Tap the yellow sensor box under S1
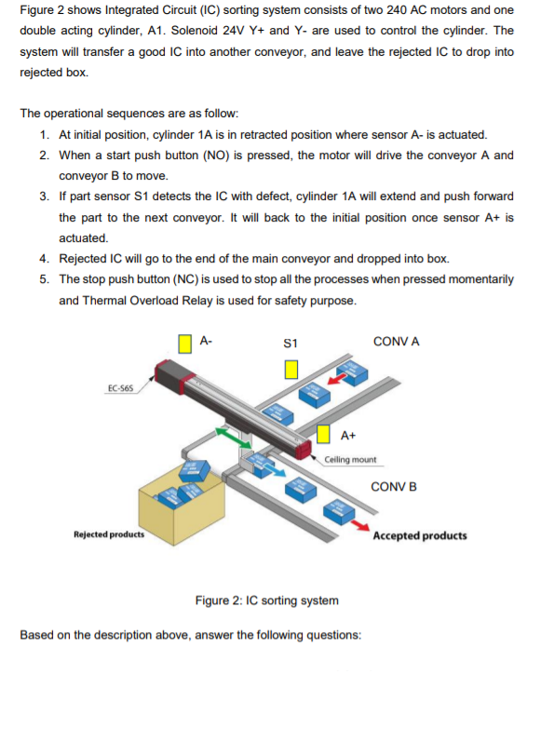pos(291,370)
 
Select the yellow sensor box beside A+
pos(325,434)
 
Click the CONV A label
pos(396,342)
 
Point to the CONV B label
pos(393,487)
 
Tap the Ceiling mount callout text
pos(351,460)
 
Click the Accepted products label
pos(420,535)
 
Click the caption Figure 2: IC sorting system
pos(266,600)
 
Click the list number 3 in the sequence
pos(45,196)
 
